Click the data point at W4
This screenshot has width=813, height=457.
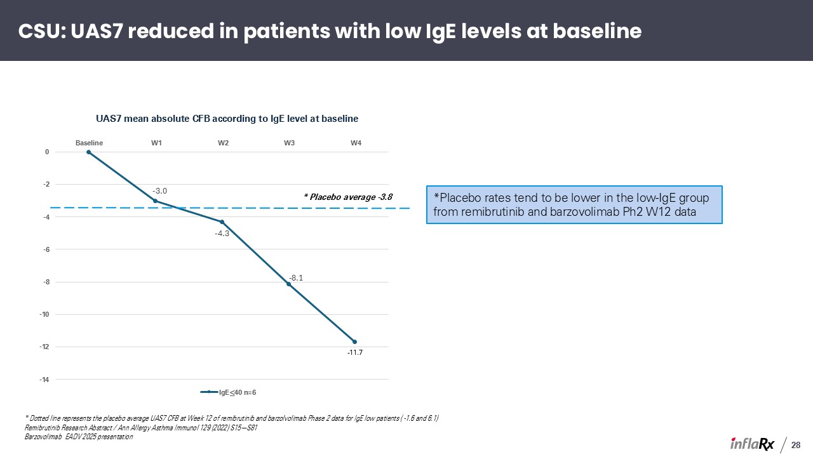click(x=354, y=341)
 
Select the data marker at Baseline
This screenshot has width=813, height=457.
click(x=88, y=152)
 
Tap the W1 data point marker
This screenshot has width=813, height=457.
click(x=156, y=201)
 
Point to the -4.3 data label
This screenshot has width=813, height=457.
click(x=222, y=234)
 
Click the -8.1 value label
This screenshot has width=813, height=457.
click(x=296, y=278)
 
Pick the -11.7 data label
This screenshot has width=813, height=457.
click(x=355, y=352)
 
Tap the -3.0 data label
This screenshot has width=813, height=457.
click(x=159, y=191)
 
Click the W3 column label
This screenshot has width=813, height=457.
click(x=289, y=143)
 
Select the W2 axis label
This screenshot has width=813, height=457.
click(x=223, y=143)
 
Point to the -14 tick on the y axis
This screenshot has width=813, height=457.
click(x=44, y=380)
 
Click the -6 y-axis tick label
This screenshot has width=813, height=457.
click(x=46, y=249)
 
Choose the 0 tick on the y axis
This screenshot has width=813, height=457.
click(x=47, y=152)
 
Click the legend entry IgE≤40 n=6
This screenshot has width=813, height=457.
click(x=228, y=392)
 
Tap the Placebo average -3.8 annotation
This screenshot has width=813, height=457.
click(x=348, y=197)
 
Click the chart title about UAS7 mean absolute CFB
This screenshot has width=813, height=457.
click(x=227, y=119)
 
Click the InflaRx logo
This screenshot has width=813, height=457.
click(x=751, y=444)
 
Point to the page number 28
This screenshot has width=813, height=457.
click(x=796, y=445)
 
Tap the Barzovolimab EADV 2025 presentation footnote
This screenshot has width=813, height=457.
click(x=79, y=437)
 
